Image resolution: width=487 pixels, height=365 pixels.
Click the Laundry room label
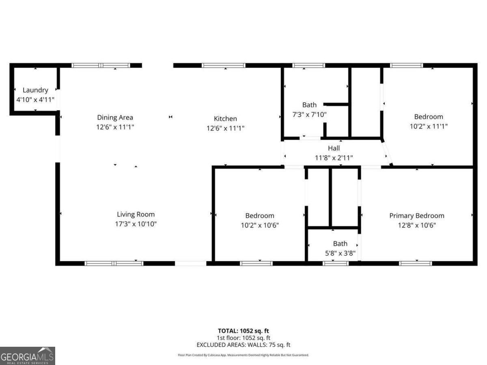[35, 90]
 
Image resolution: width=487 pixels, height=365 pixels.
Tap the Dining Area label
[115, 118]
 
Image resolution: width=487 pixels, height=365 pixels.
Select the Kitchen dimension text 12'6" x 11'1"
[225, 128]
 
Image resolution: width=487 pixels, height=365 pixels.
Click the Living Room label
[136, 215]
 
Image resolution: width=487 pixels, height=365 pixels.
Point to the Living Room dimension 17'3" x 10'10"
[136, 224]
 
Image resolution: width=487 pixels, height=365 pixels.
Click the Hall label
[334, 148]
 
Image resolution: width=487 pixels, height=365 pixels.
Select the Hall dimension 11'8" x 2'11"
[334, 158]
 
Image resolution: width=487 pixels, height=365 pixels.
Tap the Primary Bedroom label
[417, 216]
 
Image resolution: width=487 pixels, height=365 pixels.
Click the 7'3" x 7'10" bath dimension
[309, 114]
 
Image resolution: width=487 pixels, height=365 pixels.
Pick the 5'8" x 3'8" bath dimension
[340, 253]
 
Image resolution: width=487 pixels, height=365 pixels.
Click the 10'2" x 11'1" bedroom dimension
[429, 126]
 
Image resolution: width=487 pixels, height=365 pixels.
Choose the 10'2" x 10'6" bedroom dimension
[260, 225]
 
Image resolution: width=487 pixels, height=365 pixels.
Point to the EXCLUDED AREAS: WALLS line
[243, 345]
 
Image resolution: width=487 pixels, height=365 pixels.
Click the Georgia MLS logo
[27, 356]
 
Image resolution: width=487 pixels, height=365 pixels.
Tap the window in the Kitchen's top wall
[224, 65]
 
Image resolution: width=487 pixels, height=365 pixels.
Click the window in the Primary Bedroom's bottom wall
[416, 264]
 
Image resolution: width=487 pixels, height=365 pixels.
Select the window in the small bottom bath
[336, 264]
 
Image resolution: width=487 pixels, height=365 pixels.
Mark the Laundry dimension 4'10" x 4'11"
[35, 99]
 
